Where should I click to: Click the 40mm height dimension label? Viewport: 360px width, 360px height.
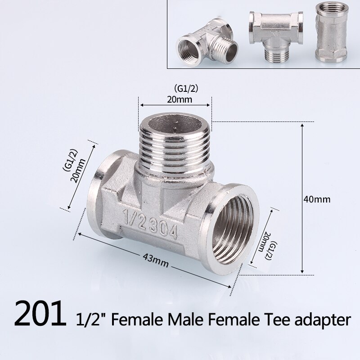318,198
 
